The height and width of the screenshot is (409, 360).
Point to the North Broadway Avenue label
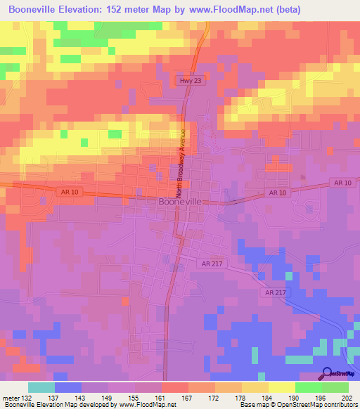(181, 163)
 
